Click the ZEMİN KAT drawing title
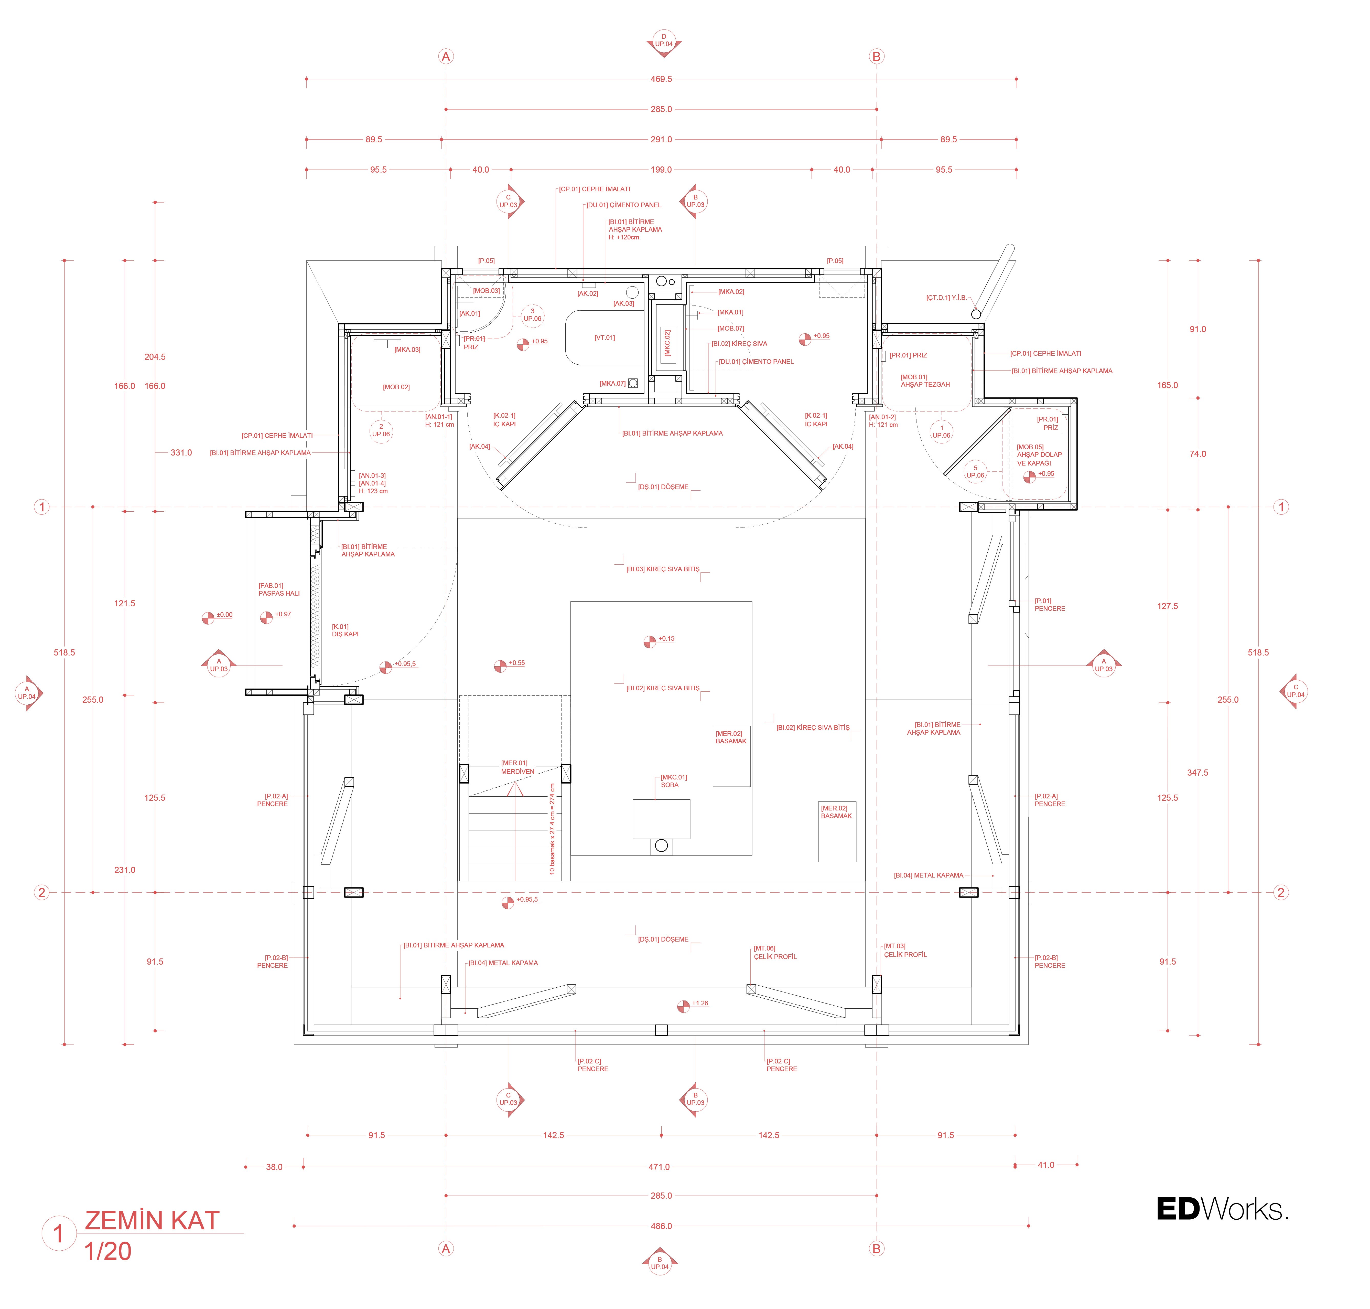pyautogui.click(x=152, y=1220)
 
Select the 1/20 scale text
pyautogui.click(x=108, y=1251)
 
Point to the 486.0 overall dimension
pyautogui.click(x=661, y=1226)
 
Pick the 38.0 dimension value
pyautogui.click(x=274, y=1167)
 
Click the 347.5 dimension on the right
pyautogui.click(x=1197, y=773)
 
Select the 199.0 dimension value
pyautogui.click(x=661, y=170)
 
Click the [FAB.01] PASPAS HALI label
pyautogui.click(x=278, y=590)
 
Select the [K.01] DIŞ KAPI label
pyautogui.click(x=344, y=630)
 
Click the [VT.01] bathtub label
pyautogui.click(x=604, y=338)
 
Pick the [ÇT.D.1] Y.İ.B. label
pyautogui.click(x=946, y=298)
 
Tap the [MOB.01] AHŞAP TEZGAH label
pyautogui.click(x=924, y=380)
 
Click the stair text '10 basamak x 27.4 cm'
pyautogui.click(x=552, y=829)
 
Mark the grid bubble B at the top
pyautogui.click(x=876, y=57)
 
